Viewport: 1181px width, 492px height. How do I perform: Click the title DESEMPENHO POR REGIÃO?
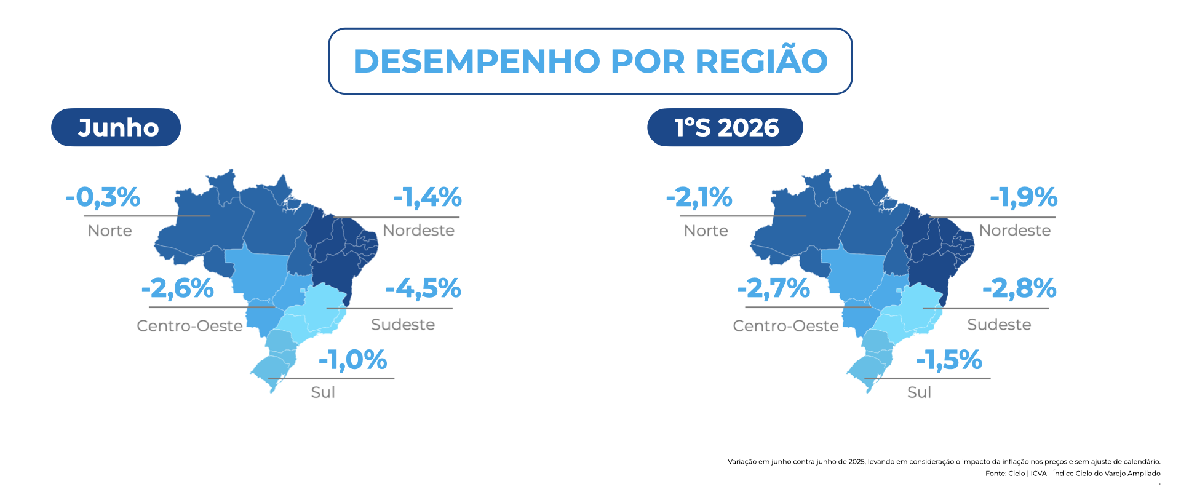tap(590, 61)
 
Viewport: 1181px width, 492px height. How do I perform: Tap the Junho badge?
tap(116, 127)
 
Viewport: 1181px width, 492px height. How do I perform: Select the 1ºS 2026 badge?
tap(725, 127)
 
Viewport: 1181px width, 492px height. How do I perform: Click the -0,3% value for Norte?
tap(103, 197)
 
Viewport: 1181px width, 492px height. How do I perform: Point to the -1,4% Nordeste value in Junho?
tap(427, 197)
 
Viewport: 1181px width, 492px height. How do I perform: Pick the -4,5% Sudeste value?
tap(423, 288)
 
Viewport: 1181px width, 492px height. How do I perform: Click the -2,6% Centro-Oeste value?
tap(178, 288)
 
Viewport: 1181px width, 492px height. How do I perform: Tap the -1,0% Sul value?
tap(352, 360)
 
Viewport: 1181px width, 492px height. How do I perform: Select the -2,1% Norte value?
tap(699, 197)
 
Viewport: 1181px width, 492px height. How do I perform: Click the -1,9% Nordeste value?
tap(1024, 197)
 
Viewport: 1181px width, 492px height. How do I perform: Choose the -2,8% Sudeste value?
tap(1019, 288)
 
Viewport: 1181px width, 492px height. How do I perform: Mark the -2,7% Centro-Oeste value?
tap(774, 288)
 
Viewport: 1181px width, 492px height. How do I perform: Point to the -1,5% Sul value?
tap(949, 360)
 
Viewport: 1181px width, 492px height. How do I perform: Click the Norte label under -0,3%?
tap(110, 231)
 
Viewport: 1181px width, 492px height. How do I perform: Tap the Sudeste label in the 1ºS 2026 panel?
tap(999, 325)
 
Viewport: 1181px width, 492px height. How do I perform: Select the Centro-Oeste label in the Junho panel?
tap(189, 326)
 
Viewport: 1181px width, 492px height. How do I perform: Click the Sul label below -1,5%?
tap(920, 392)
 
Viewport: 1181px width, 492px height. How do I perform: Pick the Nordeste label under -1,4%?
tap(419, 231)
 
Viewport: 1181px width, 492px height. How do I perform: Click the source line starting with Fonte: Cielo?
tap(1073, 474)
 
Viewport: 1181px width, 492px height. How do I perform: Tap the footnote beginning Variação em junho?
tap(944, 462)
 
